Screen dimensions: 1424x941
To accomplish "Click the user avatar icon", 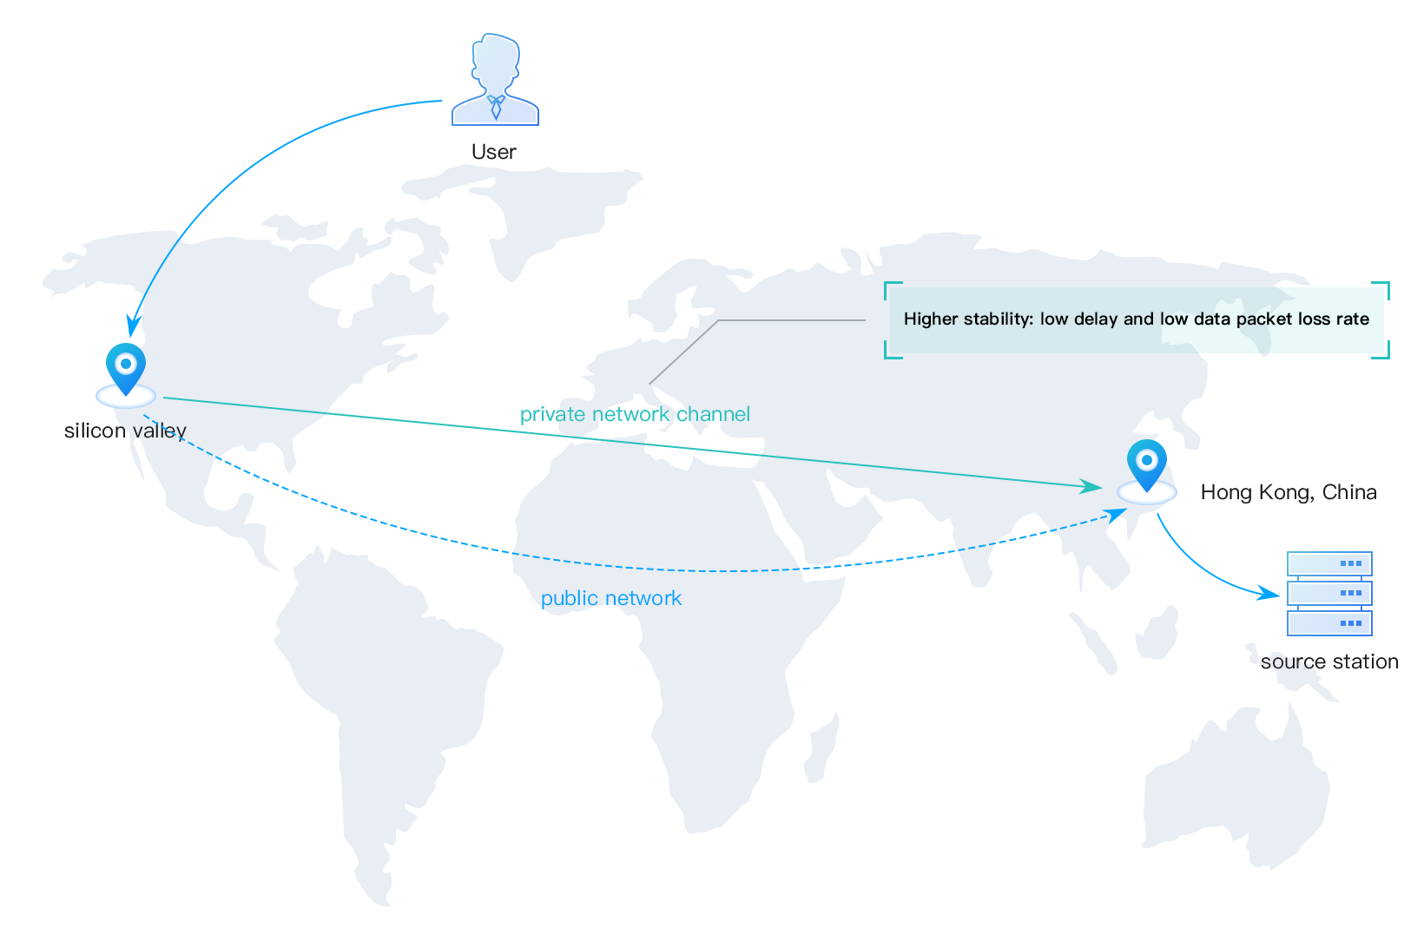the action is pyautogui.click(x=495, y=79).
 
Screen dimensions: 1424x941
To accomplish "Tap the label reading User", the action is pyautogui.click(x=494, y=152).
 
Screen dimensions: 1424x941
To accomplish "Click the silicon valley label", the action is pyautogui.click(x=125, y=431).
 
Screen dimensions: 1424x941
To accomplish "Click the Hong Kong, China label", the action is pyautogui.click(x=1289, y=492).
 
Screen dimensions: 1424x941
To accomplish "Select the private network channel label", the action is pyautogui.click(x=635, y=414).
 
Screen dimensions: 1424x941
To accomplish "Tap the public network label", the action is pyautogui.click(x=611, y=598).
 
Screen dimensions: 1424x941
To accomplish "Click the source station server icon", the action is pyautogui.click(x=1329, y=594).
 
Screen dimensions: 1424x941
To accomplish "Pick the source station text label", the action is pyautogui.click(x=1329, y=661).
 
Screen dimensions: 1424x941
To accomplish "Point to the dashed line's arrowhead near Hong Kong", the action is pyautogui.click(x=1116, y=515).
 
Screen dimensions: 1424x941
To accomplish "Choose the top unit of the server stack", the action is pyautogui.click(x=1329, y=564).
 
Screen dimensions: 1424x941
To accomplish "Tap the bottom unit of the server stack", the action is pyautogui.click(x=1329, y=623).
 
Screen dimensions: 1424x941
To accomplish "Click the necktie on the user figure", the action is pyautogui.click(x=496, y=108).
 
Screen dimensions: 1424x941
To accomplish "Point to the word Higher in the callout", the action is pyautogui.click(x=931, y=319).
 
